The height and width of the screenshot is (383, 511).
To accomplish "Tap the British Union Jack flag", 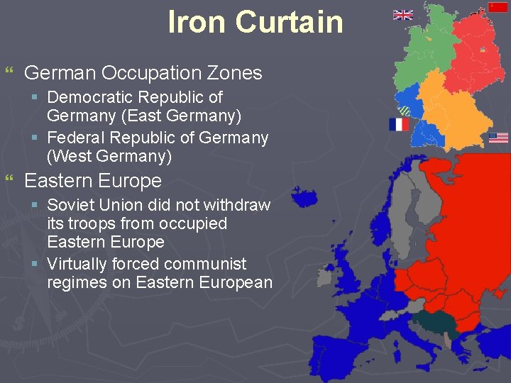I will click(x=403, y=15).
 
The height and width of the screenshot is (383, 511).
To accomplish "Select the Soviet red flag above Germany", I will click(x=498, y=7).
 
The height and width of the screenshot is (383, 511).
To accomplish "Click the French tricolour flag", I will click(x=399, y=125).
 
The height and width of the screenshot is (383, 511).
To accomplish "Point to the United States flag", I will click(x=498, y=138).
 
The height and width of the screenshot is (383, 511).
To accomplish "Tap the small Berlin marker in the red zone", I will click(x=483, y=50).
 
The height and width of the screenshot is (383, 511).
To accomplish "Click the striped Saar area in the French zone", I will click(x=405, y=110).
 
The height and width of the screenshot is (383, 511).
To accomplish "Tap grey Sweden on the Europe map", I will click(x=407, y=213).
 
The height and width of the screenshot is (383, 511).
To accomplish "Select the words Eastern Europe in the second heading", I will click(x=93, y=181).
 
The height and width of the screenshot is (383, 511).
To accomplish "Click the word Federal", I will click(x=76, y=138).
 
